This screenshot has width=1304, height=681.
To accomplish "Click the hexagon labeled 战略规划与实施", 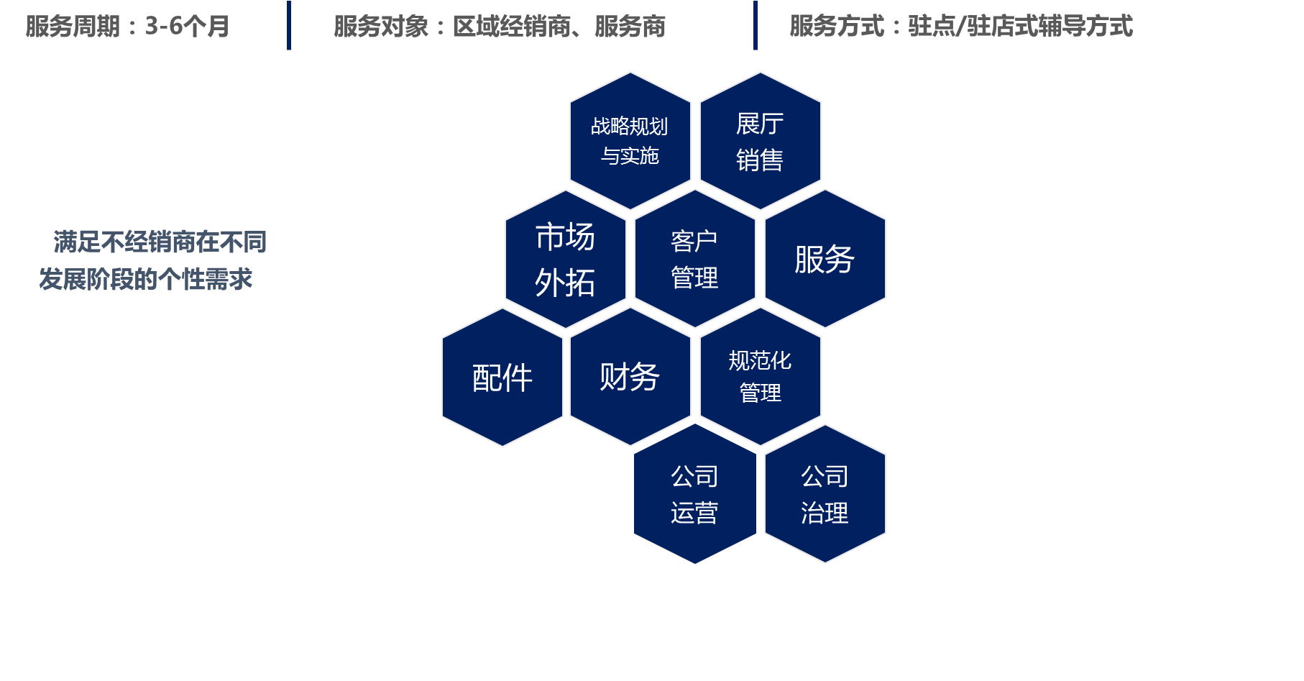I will tap(630, 141).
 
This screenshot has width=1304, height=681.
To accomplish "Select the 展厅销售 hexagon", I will tap(760, 141).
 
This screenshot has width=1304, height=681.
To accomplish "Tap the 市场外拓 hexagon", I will tap(565, 259).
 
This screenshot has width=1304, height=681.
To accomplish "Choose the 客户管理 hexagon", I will tap(694, 259).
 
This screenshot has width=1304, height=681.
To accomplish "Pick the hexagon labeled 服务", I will tap(825, 259).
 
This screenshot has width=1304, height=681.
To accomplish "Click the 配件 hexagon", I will tap(502, 378).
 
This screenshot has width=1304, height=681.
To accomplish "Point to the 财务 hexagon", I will tap(630, 377).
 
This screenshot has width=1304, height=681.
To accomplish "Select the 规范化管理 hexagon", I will tap(760, 377).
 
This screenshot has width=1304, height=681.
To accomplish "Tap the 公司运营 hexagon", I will tap(694, 495).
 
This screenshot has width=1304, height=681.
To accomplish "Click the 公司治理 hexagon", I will tap(825, 495).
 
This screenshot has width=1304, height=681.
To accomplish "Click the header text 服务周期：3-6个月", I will tap(127, 27).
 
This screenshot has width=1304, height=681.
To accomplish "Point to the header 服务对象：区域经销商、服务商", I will tap(500, 27).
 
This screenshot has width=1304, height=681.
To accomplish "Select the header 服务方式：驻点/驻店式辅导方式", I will tap(961, 27).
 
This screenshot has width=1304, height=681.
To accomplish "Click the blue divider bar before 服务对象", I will tap(289, 26).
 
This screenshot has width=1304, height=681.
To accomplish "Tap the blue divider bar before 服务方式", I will tap(756, 26).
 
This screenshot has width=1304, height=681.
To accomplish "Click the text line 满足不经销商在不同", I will tap(160, 242).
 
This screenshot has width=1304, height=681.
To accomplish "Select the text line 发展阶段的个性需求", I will tap(145, 279).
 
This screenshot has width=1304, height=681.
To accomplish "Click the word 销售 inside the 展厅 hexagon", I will tap(760, 160).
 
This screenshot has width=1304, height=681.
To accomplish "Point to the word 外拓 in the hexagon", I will tap(565, 283).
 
